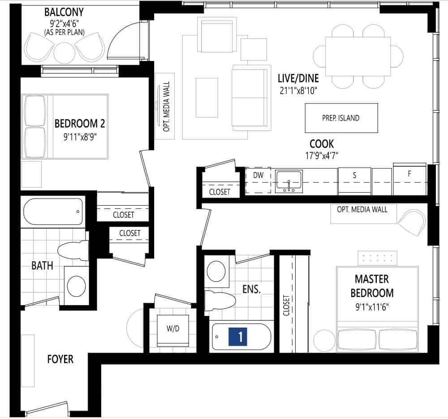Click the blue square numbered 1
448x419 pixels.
(238, 337)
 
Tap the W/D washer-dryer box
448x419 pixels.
(173, 330)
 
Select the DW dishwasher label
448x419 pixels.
(258, 175)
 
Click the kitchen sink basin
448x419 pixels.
(289, 181)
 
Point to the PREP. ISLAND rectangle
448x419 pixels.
(341, 118)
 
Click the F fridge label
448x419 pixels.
(409, 173)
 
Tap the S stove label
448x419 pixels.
(354, 175)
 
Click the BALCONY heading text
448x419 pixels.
(64, 12)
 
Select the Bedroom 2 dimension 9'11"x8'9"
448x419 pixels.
(80, 138)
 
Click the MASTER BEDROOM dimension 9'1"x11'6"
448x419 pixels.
(372, 307)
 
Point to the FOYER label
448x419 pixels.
(60, 359)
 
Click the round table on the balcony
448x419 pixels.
(64, 52)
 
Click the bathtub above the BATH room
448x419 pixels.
(53, 212)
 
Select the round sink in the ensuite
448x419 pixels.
(216, 271)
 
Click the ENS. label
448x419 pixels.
(251, 289)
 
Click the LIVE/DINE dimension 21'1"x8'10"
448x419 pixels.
(298, 91)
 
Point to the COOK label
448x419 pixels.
(322, 144)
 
